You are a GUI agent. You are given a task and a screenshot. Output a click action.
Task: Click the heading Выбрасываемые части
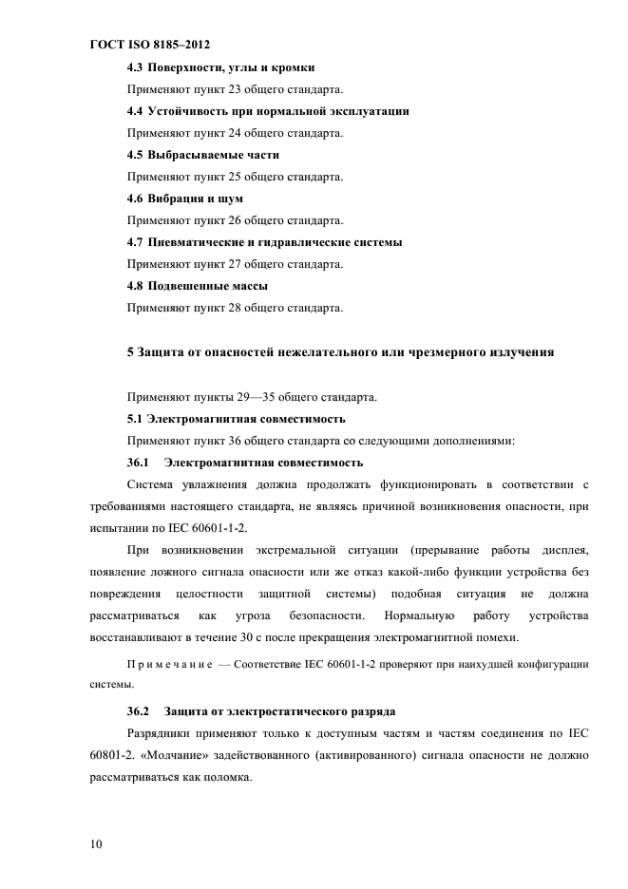pyautogui.click(x=211, y=155)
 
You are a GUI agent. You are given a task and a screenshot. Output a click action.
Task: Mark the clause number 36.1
pyautogui.click(x=139, y=463)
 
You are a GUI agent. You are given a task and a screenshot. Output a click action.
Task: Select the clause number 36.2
pyautogui.click(x=139, y=711)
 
